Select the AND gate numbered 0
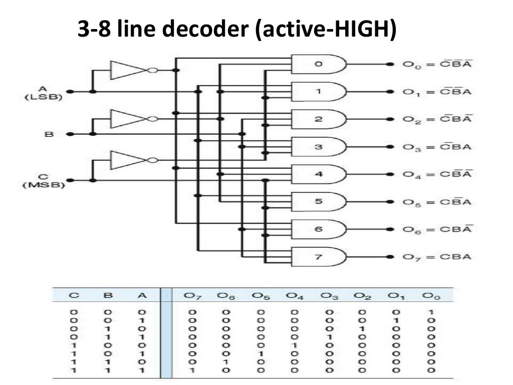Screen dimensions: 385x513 (319, 64)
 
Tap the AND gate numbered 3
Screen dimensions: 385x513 (319, 147)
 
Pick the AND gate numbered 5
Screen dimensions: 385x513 (319, 202)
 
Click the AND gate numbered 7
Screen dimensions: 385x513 (319, 257)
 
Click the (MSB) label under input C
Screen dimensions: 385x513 (45, 185)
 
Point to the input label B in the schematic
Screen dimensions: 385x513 (49, 134)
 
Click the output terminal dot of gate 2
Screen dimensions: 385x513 (389, 119)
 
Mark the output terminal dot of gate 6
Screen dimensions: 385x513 (389, 230)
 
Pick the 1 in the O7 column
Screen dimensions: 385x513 (192, 370)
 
